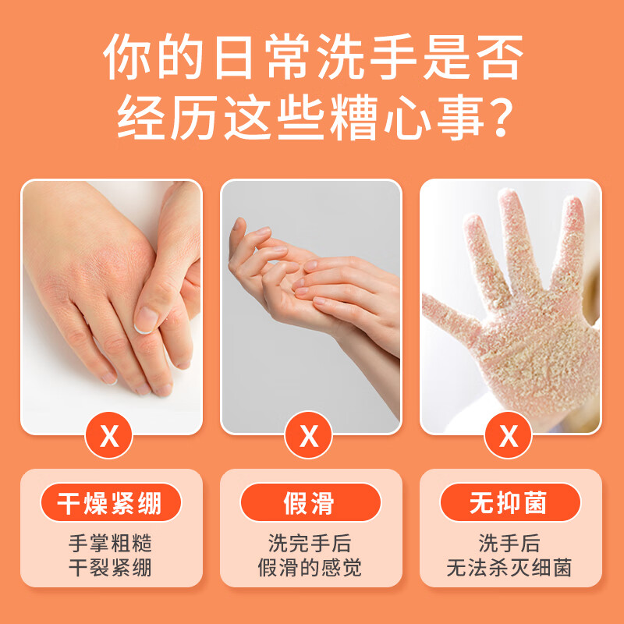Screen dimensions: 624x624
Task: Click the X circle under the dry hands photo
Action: tap(109, 435)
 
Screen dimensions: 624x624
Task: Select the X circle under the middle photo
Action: tap(309, 435)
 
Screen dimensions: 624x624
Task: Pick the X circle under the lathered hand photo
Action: tap(509, 435)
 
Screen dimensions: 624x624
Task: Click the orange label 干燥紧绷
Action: tap(111, 502)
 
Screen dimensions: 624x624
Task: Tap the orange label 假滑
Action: tap(310, 502)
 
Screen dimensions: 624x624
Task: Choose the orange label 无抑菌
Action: tap(510, 502)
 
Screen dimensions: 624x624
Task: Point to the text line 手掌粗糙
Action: tap(110, 543)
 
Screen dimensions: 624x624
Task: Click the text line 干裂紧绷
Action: tap(110, 568)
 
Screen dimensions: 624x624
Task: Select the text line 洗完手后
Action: tap(310, 543)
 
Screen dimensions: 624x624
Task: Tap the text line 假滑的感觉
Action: tap(310, 568)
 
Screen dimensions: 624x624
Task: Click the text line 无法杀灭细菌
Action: tap(509, 568)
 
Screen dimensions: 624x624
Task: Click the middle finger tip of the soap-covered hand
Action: tap(510, 198)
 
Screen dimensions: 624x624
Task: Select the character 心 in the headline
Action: tap(407, 118)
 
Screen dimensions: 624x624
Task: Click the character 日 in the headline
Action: tap(233, 56)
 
